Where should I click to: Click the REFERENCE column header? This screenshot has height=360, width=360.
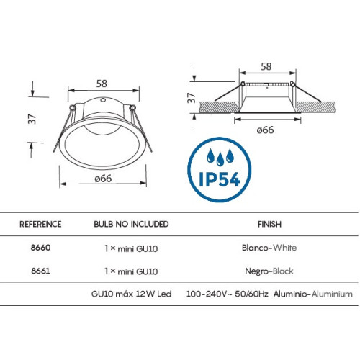[x=40, y=224]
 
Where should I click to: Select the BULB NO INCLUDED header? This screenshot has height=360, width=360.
[x=131, y=224]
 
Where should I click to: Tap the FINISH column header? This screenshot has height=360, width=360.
[x=269, y=224]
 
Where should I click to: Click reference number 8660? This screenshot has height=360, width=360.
[x=40, y=248]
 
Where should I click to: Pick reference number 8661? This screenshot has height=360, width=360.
[x=40, y=271]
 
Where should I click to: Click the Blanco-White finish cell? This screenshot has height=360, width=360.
[x=269, y=248]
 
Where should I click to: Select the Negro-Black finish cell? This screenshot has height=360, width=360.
[x=269, y=271]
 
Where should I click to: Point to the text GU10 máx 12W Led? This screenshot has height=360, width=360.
[x=131, y=294]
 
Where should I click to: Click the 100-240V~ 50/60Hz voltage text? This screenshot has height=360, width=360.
[x=228, y=294]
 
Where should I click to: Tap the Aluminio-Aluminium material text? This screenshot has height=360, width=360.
[x=313, y=294]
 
